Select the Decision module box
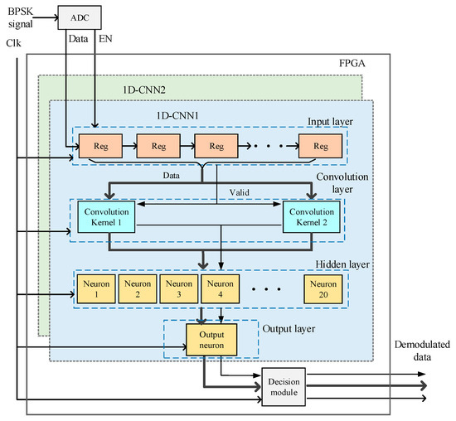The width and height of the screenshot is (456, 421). point(283,386)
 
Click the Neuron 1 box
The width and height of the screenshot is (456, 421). point(95,288)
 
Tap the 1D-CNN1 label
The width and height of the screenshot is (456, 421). point(176,111)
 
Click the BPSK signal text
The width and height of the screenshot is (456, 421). point(19,18)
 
